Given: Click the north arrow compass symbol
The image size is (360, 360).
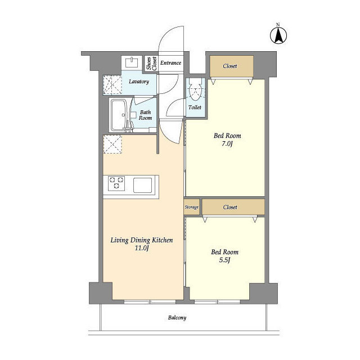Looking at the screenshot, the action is [x=278, y=35].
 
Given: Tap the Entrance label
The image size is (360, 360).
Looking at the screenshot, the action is [x=170, y=63].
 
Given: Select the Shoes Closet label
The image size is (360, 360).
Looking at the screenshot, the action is [x=152, y=64].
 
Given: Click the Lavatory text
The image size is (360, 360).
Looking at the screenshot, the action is [x=139, y=82].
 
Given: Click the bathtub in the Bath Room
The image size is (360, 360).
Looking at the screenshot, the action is [x=118, y=115].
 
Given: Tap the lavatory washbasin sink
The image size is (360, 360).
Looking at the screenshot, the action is [x=132, y=62].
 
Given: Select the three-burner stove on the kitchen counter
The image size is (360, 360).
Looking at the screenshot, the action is [x=116, y=183].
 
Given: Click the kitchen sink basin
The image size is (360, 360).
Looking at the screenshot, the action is [x=142, y=185].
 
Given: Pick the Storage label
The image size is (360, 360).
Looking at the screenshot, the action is [x=191, y=207].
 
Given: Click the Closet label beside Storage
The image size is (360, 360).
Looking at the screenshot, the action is [x=230, y=207].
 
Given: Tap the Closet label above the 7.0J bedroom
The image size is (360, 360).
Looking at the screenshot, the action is [x=230, y=66].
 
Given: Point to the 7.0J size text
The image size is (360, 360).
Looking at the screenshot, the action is [x=227, y=144].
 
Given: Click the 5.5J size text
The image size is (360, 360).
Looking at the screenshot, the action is [x=225, y=260].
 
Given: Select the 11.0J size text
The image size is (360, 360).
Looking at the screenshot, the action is [x=142, y=248].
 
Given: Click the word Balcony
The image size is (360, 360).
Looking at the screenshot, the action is [x=177, y=318].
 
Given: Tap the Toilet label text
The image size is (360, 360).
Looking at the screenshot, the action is [x=195, y=107].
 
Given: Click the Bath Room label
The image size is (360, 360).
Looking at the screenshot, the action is [x=145, y=115].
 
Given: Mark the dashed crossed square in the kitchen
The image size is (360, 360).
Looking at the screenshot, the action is [x=112, y=144].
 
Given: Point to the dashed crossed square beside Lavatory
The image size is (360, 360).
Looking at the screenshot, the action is [x=112, y=84].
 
